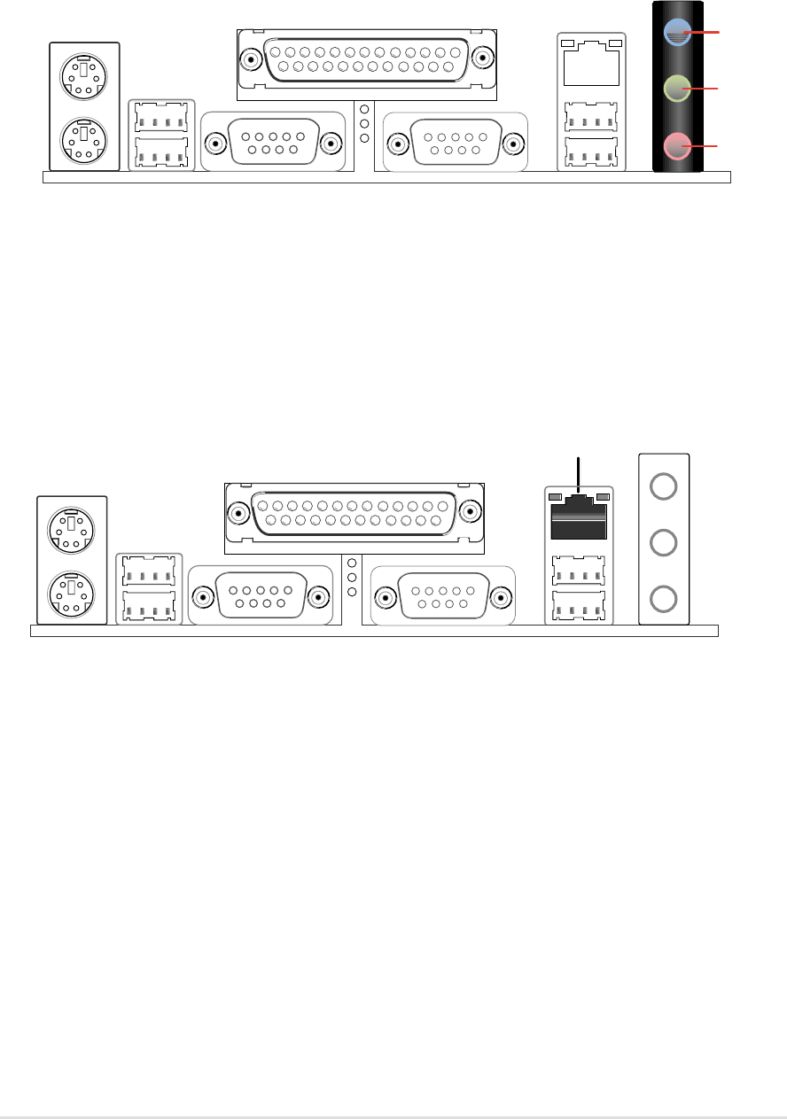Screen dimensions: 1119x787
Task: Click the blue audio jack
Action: pyautogui.click(x=676, y=33)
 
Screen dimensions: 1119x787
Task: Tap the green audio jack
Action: pyautogui.click(x=676, y=89)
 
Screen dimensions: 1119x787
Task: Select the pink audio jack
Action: pyautogui.click(x=676, y=145)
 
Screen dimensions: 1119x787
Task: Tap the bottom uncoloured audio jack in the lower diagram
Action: pyautogui.click(x=663, y=599)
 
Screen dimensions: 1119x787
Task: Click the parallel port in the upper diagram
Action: pyautogui.click(x=367, y=59)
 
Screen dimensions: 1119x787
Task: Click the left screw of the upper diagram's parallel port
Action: pyautogui.click(x=252, y=59)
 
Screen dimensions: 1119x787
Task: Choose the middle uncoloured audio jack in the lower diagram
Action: pyautogui.click(x=663, y=541)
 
